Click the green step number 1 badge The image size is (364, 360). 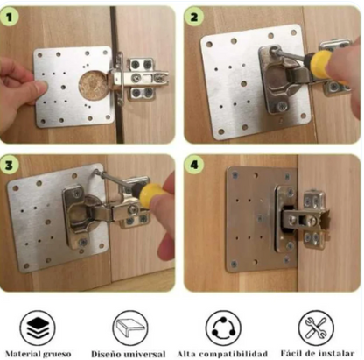[10, 17]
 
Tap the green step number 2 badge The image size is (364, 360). [194, 17]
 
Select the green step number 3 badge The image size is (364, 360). [10, 166]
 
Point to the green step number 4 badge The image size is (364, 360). [194, 166]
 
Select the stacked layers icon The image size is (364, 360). [38, 328]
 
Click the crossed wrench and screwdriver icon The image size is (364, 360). [316, 328]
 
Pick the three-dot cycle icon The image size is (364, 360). [223, 328]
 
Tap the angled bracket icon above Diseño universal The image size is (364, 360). [130, 328]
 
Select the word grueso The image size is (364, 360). [57, 355]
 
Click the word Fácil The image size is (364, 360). [290, 353]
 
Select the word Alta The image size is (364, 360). [185, 354]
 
